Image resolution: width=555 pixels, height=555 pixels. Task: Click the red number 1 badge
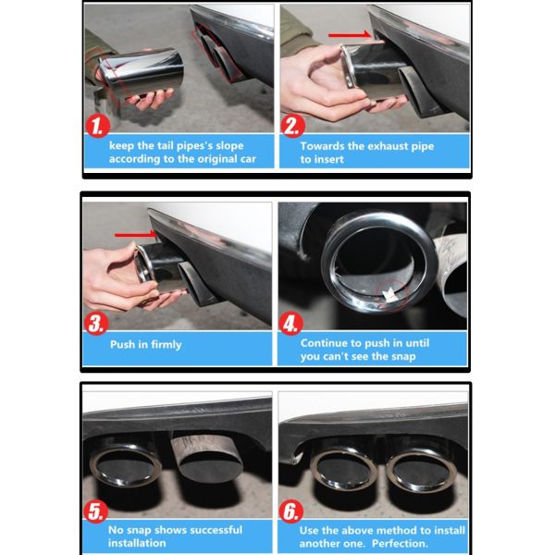coord(97,126)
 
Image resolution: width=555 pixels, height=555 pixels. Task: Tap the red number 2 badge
coord(292,126)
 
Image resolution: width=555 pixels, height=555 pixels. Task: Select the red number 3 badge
coord(96,324)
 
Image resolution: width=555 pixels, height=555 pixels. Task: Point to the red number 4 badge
coord(291,324)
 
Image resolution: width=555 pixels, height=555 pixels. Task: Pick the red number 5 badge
coord(95,512)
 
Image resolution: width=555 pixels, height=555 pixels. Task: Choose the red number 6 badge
coord(291,512)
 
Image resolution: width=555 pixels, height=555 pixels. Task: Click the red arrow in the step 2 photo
coord(350,35)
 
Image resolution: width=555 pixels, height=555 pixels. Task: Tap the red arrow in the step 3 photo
coord(136,234)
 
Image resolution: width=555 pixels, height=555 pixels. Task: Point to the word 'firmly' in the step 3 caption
coord(166,344)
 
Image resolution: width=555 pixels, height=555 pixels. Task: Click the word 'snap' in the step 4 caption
coord(401,357)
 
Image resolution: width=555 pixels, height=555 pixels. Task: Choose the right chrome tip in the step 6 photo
coord(421,469)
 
